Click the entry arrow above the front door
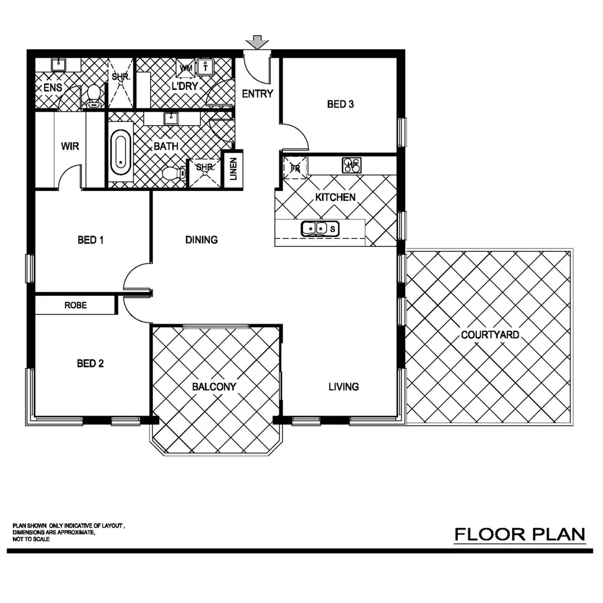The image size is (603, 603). (257, 42)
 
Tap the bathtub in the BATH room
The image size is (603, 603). (121, 153)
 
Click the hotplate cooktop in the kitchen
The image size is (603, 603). (352, 165)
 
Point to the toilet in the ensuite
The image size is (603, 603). (93, 95)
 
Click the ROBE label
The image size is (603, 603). (75, 305)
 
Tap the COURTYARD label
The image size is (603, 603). (490, 335)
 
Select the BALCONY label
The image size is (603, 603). (214, 386)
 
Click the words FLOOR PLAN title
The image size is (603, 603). (519, 534)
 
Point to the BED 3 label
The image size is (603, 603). (341, 104)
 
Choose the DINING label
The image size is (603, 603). (202, 240)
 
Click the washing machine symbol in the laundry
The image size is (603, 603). (185, 68)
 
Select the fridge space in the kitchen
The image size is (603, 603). (295, 167)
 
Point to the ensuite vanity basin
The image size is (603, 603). (59, 65)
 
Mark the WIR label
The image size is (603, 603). (70, 147)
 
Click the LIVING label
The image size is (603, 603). (343, 386)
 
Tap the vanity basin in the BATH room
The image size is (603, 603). (171, 118)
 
